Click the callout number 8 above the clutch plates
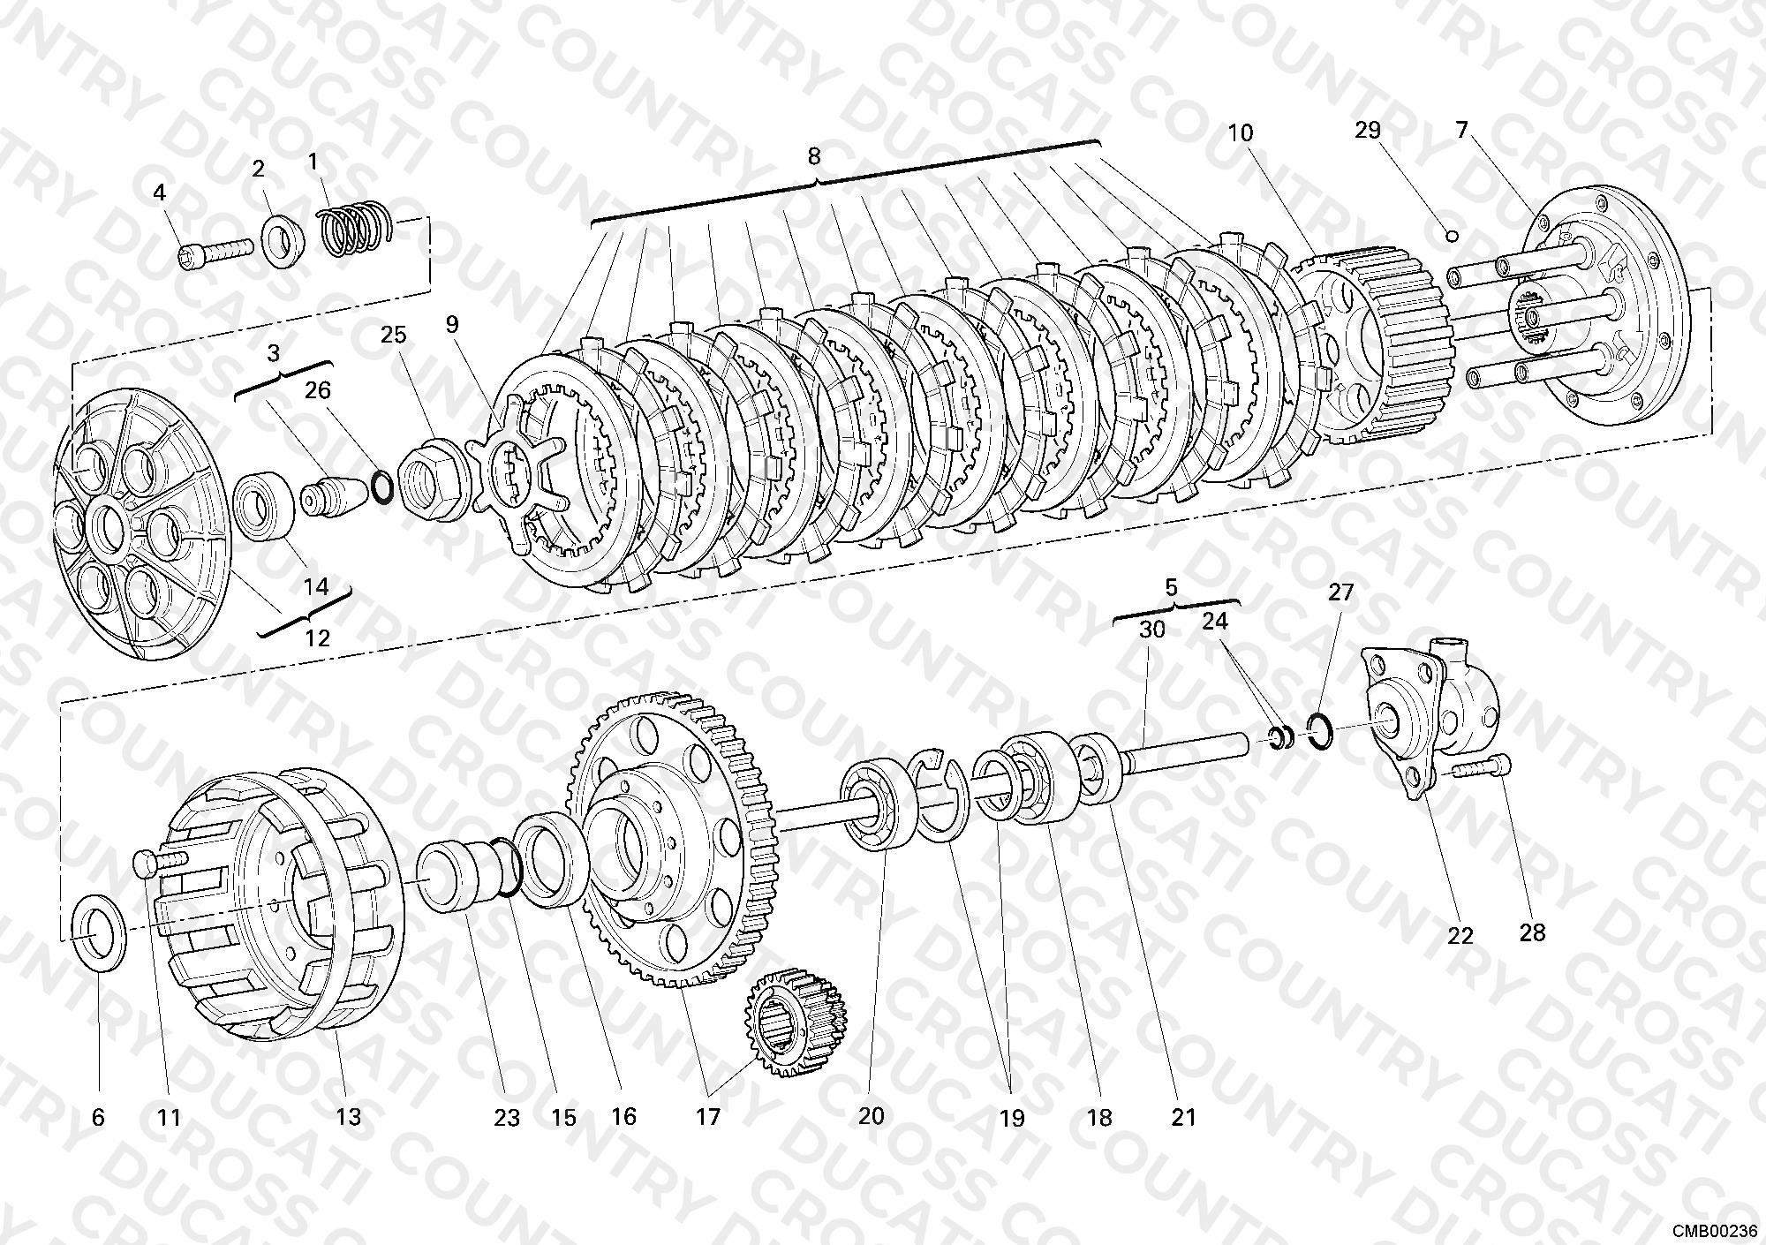tap(813, 156)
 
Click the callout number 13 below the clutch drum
tap(349, 1116)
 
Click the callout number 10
tap(1241, 132)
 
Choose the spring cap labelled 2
tap(283, 240)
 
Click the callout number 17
tap(708, 1116)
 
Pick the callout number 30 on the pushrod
tap(1151, 630)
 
